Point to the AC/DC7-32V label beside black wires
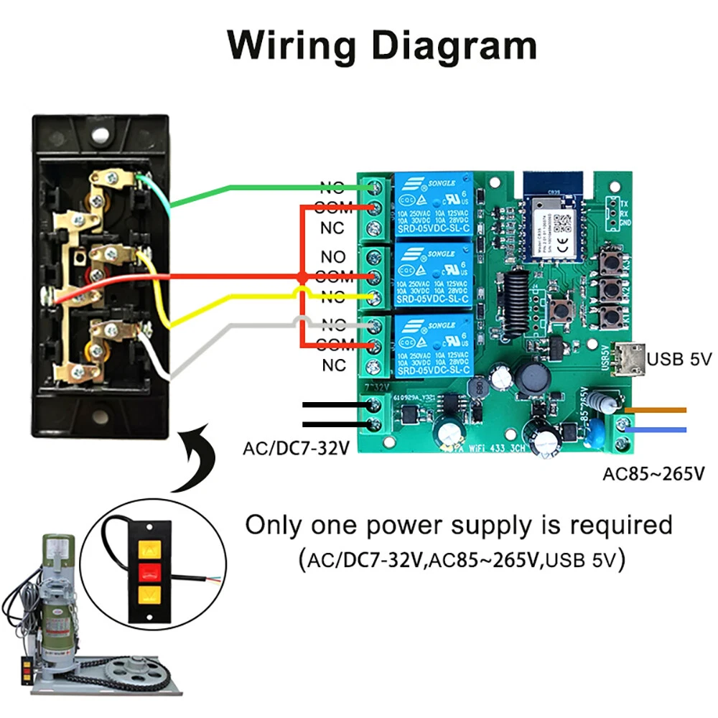pos(296,449)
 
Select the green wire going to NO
pos(273,188)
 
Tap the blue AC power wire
pos(657,429)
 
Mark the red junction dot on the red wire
pos(302,277)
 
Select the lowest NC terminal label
pos(334,365)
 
